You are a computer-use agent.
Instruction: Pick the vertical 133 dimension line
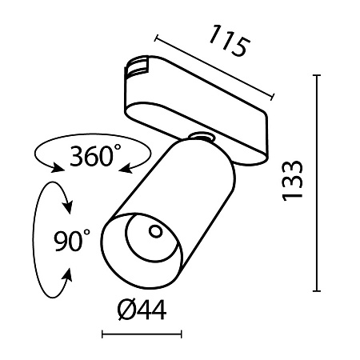tap(319, 184)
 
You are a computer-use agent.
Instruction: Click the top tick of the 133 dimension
tap(319, 77)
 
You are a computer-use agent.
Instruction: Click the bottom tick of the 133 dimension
tap(319, 291)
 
